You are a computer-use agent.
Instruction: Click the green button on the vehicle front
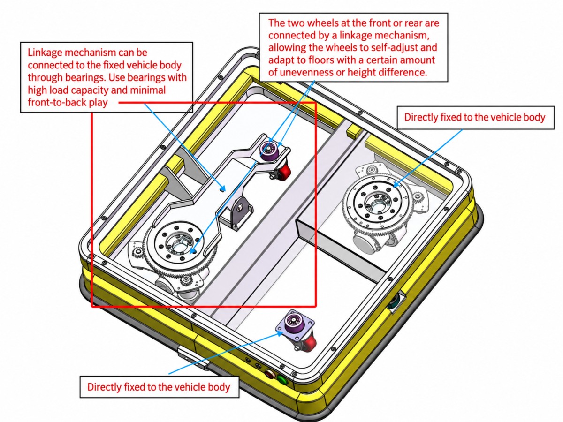[282, 380]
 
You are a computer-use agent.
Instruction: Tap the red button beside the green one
[269, 374]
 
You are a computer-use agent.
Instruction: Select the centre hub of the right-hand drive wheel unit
[377, 203]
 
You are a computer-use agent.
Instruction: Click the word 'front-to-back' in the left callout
[57, 103]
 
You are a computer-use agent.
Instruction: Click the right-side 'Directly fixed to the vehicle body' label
[475, 117]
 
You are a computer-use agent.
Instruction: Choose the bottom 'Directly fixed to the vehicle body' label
[159, 387]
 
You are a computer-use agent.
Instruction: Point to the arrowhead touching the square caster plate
[280, 332]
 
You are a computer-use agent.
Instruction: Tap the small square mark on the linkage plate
[223, 189]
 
